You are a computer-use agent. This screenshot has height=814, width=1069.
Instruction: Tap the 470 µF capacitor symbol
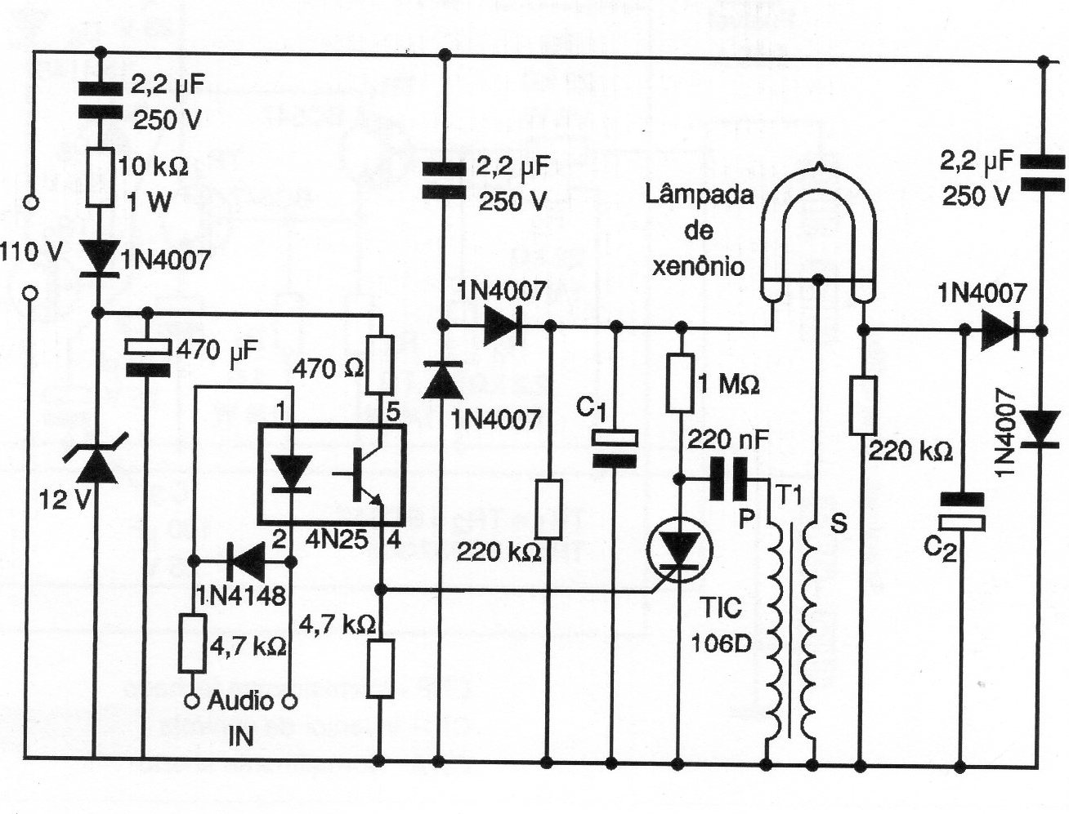click(x=147, y=358)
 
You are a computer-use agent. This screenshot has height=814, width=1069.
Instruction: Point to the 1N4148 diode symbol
click(x=242, y=561)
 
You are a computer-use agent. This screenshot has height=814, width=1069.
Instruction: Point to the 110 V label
click(x=30, y=251)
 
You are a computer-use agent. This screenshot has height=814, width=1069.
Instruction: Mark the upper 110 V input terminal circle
click(x=31, y=201)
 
